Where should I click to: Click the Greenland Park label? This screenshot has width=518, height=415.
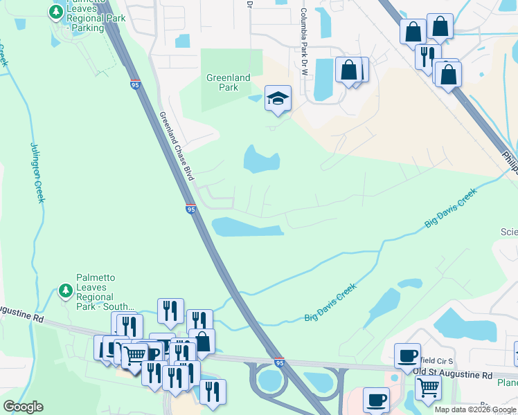pyautogui.click(x=228, y=82)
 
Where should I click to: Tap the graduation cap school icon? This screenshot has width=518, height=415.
pyautogui.click(x=278, y=99)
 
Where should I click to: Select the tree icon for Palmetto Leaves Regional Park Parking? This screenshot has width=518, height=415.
pyautogui.click(x=55, y=12)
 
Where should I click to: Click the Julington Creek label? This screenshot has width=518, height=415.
pyautogui.click(x=37, y=172)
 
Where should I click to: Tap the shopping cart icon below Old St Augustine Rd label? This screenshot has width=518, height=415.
pyautogui.click(x=429, y=390)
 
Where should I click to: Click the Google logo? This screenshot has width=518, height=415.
pyautogui.click(x=23, y=407)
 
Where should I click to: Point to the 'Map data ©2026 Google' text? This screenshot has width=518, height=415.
pyautogui.click(x=474, y=409)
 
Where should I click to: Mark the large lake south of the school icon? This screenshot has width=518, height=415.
pyautogui.click(x=260, y=160)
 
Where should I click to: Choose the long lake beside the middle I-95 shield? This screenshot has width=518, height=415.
pyautogui.click(x=247, y=227)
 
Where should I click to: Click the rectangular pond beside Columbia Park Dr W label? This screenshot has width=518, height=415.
pyautogui.click(x=323, y=77)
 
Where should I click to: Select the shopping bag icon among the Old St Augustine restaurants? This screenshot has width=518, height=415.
pyautogui.click(x=202, y=341)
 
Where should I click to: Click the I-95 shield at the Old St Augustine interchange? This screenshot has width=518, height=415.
pyautogui.click(x=279, y=362)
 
